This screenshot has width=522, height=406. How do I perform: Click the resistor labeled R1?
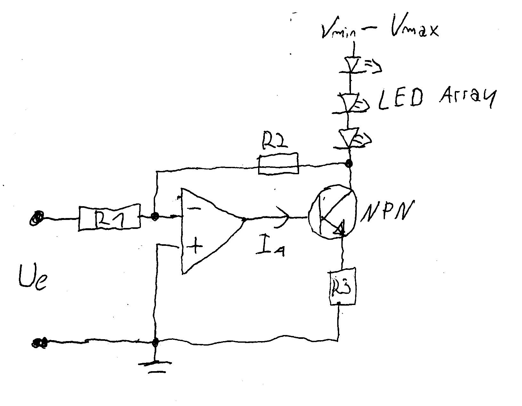tap(109, 217)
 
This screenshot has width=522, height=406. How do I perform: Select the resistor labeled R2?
tap(278, 164)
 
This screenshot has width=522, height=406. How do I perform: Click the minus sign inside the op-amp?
tap(193, 209)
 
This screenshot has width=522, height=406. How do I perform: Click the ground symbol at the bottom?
tap(155, 366)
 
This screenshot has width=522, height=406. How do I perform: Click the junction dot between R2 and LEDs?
tap(349, 164)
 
